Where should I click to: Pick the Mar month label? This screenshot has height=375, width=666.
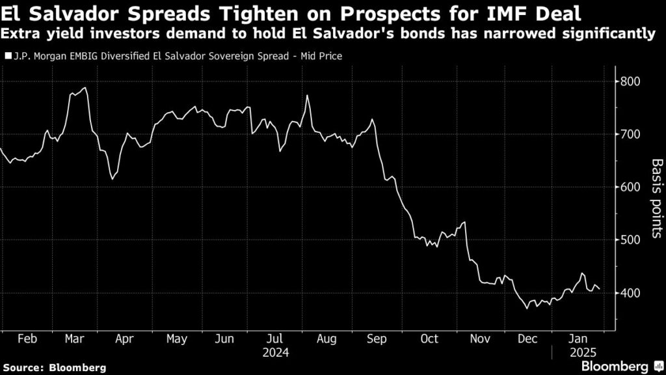pos(74,339)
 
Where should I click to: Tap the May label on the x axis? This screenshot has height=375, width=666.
pos(176,339)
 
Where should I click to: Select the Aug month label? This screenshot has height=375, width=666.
pos(327,339)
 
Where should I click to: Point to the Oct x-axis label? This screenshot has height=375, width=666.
pos(430,339)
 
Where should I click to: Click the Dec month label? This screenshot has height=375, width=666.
pos(527,339)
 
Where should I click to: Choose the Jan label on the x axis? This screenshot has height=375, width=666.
pos(578,339)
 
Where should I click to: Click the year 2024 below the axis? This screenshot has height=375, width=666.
pos(276,353)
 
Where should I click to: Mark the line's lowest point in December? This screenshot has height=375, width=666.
pos(527,307)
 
